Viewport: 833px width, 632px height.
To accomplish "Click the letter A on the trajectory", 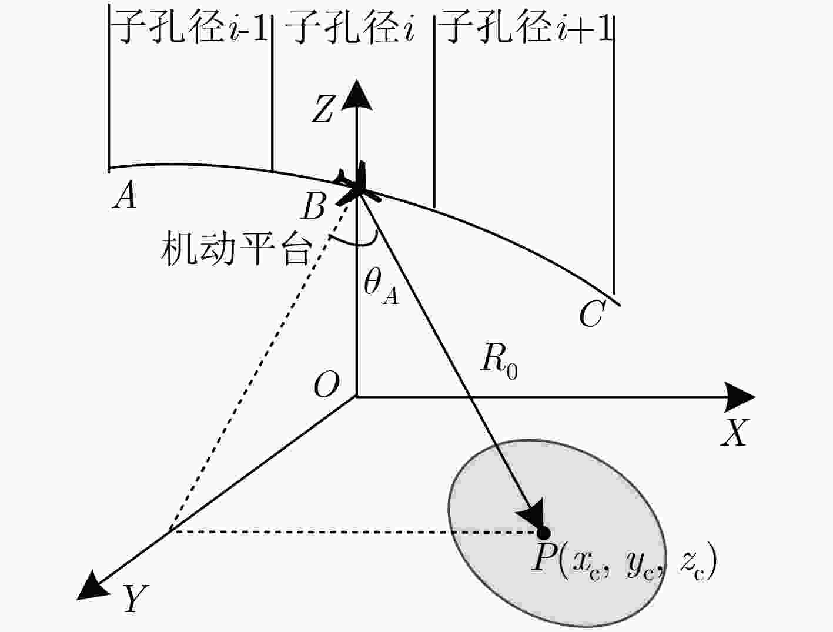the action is tap(125, 195).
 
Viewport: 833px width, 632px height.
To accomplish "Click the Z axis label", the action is tap(323, 109).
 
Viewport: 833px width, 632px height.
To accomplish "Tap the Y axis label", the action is tap(135, 598).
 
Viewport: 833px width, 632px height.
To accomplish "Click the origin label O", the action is tap(326, 384).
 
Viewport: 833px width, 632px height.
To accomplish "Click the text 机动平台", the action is tap(236, 249).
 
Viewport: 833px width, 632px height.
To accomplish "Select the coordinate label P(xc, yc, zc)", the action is tap(624, 561).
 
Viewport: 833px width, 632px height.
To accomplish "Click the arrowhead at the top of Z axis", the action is tap(356, 95).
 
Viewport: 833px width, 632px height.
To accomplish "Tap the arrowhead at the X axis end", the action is tap(740, 397).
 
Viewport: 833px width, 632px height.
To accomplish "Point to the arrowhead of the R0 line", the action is tap(532, 513).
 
